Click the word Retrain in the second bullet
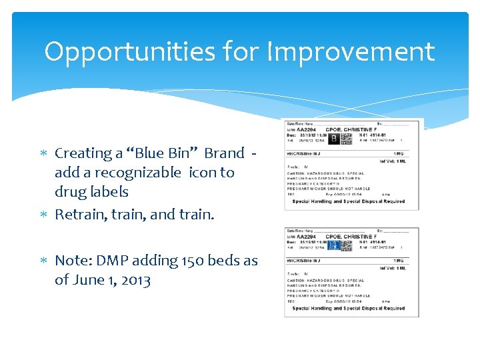[x=78, y=214]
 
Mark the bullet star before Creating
[x=45, y=153]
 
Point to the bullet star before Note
[x=45, y=261]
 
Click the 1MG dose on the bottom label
[x=398, y=261]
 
